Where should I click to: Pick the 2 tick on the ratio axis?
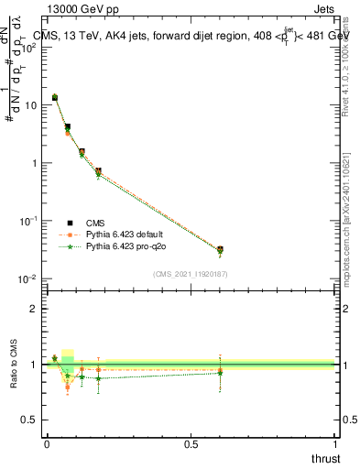click(35, 309)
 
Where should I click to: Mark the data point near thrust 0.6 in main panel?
click(220, 249)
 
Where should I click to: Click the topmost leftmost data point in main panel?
click(55, 97)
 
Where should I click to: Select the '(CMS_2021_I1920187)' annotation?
click(190, 273)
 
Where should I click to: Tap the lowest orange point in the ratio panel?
click(68, 387)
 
